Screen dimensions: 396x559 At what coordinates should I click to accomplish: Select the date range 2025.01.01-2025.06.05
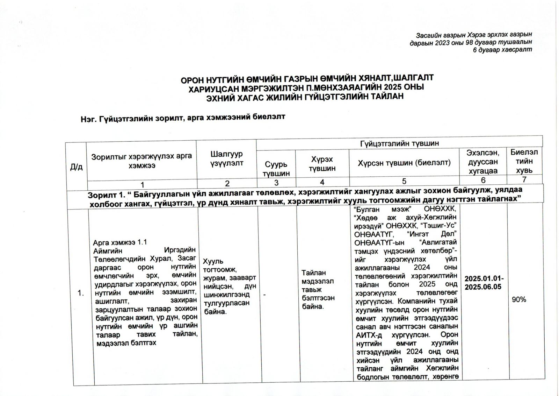pos(484,283)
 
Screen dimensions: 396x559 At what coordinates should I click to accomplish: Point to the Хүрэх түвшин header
pos(322,164)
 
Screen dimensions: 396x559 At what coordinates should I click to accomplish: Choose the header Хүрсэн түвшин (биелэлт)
pos(404,163)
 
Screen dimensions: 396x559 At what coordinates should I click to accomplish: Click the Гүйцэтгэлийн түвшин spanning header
pos(399,143)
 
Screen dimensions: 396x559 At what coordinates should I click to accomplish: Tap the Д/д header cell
pos(76,167)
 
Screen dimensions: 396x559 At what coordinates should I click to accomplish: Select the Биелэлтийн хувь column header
pos(524,161)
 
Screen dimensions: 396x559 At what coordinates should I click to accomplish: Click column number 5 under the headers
pos(404,181)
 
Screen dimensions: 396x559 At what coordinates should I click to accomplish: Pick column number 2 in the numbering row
pos(227,183)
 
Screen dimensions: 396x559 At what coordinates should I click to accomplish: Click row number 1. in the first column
pos(81,293)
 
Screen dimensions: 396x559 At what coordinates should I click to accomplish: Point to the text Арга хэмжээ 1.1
pos(120,242)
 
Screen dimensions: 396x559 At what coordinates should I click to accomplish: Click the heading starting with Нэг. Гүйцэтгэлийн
pos(183,118)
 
